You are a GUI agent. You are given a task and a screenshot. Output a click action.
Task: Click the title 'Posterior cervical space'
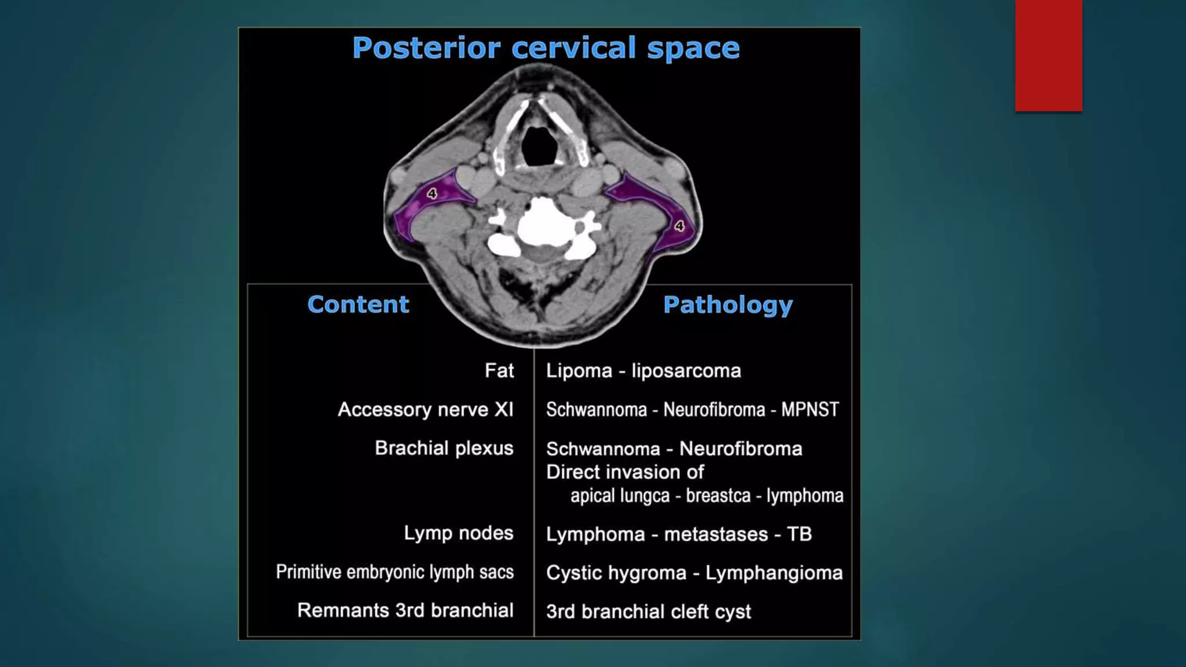point(546,48)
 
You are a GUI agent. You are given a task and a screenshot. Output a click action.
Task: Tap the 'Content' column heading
point(358,305)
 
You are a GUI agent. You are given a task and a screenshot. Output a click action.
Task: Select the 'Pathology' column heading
point(727,305)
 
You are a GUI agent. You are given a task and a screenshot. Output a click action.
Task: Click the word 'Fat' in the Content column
point(499,371)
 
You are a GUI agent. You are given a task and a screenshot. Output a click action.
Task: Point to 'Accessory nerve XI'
point(426,410)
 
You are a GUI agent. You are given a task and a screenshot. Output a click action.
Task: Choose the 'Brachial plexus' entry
point(444,448)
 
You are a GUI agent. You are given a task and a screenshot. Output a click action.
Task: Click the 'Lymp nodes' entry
point(458,533)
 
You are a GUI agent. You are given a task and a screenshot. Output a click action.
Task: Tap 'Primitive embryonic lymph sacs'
point(394,572)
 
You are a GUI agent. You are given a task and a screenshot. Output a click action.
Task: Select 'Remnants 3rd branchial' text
point(405,610)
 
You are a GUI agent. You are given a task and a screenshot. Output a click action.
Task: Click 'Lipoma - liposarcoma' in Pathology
point(643,371)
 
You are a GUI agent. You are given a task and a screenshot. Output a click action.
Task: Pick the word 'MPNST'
point(810,410)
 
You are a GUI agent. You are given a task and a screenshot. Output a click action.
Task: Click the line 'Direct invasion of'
point(625,472)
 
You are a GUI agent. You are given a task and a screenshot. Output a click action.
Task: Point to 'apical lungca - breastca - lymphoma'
point(707,496)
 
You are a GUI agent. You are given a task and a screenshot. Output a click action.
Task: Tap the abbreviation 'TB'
point(799,534)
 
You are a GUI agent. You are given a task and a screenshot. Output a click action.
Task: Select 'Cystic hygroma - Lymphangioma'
point(694,573)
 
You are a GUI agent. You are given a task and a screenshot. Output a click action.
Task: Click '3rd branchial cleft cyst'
point(648,612)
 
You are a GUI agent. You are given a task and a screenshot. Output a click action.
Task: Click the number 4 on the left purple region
point(432,194)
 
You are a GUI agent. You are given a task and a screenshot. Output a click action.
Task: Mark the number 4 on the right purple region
point(679,226)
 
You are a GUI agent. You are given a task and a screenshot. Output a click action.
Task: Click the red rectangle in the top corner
point(1048,56)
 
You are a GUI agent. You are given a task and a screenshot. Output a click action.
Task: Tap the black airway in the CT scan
point(539,145)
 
